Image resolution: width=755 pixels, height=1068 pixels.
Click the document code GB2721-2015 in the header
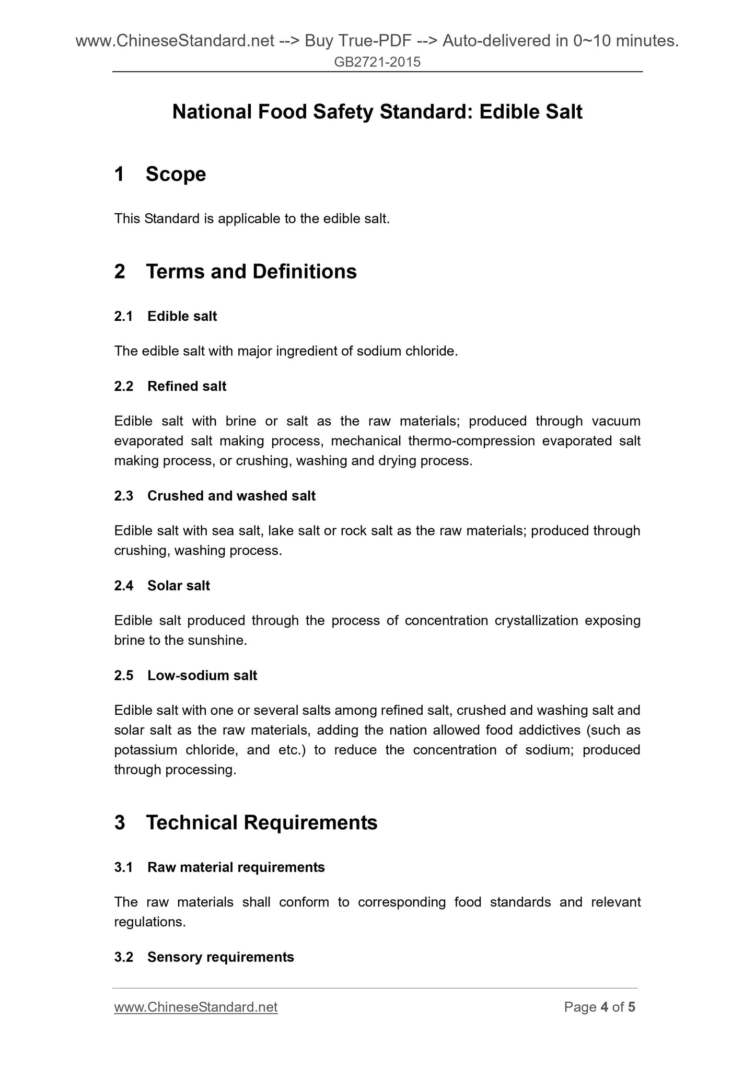click(377, 62)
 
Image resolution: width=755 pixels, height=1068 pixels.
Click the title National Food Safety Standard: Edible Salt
click(377, 112)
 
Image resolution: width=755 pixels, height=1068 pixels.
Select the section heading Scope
click(176, 174)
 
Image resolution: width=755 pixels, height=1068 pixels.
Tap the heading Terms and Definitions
click(251, 272)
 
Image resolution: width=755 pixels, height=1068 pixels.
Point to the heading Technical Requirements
click(261, 822)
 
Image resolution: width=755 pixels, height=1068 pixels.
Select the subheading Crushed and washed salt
click(231, 496)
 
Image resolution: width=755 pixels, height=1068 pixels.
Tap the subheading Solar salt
click(178, 586)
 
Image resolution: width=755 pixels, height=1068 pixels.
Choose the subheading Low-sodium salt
click(202, 676)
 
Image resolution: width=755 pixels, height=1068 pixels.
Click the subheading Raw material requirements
click(236, 867)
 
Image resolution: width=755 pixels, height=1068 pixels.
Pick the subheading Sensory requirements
click(220, 957)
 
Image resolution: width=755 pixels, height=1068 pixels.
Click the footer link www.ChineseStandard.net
click(195, 1007)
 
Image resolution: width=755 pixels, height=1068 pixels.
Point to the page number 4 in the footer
click(604, 1007)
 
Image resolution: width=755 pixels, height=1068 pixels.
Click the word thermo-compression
click(471, 441)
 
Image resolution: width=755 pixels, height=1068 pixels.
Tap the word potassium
click(145, 750)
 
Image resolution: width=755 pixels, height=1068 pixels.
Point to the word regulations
click(149, 922)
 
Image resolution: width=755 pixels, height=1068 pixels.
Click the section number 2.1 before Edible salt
click(123, 316)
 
